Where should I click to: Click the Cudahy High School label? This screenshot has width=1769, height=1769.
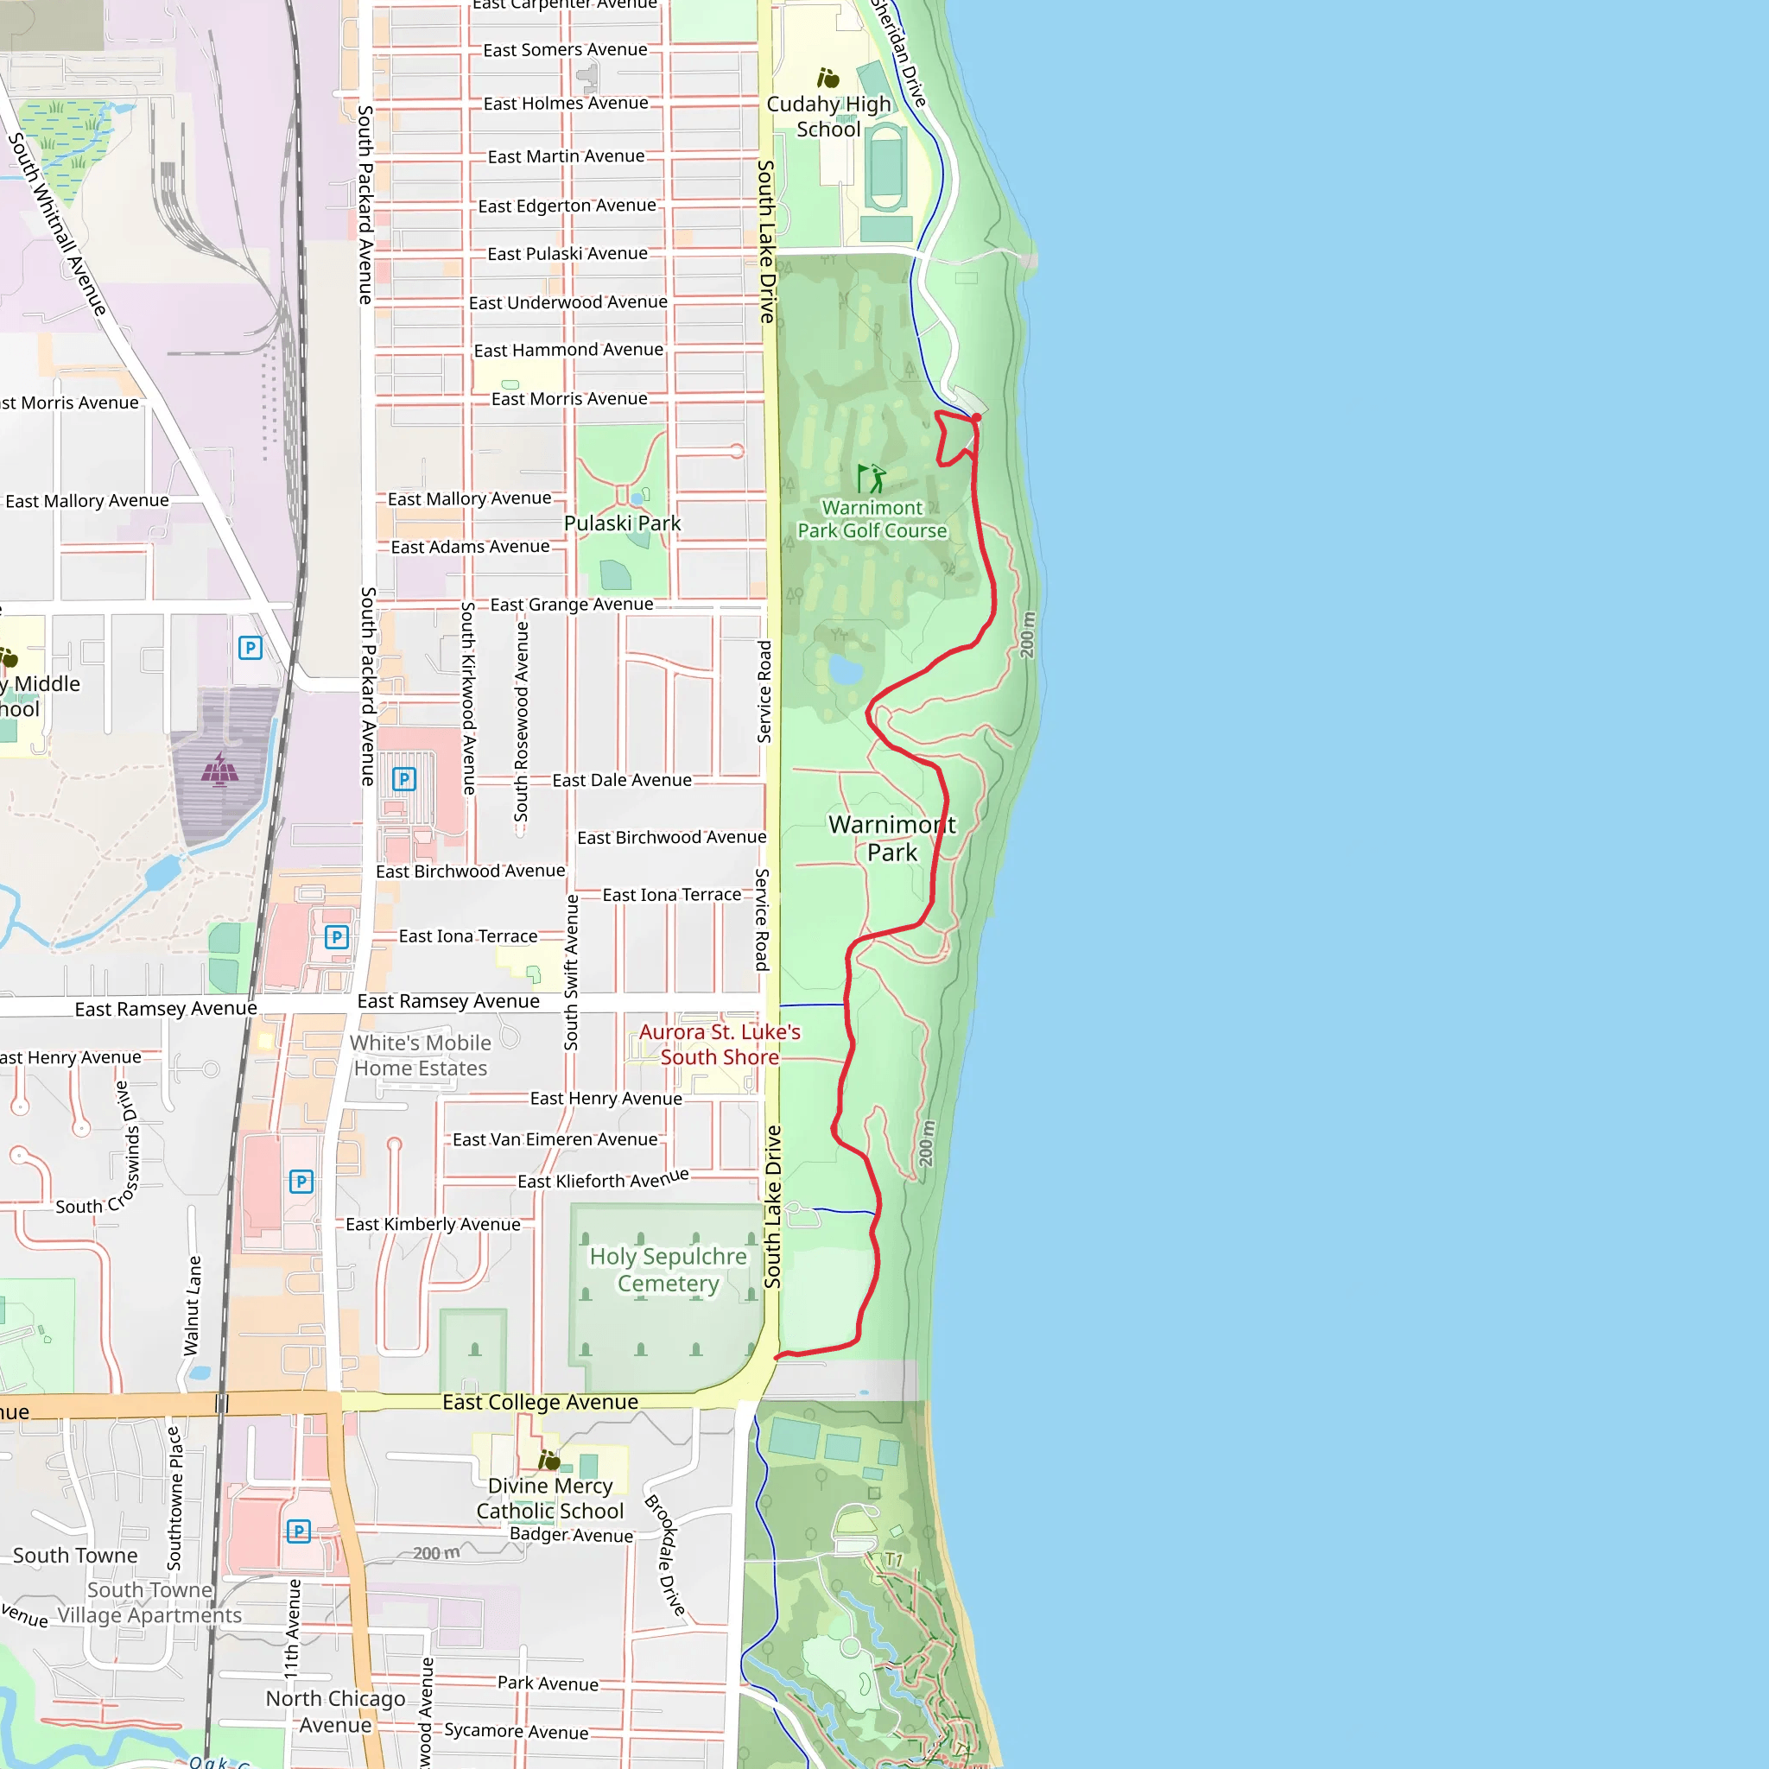coord(827,117)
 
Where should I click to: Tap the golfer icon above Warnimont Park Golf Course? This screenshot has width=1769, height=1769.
coord(871,478)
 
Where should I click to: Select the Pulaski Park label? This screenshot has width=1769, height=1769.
coord(622,523)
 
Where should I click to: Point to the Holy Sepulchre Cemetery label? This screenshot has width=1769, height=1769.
coord(668,1269)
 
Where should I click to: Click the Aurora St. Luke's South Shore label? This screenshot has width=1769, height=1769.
coord(720,1043)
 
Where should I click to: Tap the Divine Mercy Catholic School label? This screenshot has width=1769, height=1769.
coord(549,1498)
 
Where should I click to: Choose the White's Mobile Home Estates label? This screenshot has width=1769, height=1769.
coord(421,1055)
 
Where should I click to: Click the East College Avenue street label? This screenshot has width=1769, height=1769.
coord(540,1402)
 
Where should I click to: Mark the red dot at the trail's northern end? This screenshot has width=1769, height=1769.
coord(976,417)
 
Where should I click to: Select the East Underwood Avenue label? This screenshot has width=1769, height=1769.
coord(567,302)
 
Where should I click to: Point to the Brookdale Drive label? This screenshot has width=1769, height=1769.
coord(666,1555)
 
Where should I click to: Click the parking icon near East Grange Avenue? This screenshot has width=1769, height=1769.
coord(250,649)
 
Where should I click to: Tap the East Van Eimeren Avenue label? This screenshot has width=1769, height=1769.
coord(555,1139)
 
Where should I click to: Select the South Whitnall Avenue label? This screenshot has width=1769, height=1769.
coord(57,225)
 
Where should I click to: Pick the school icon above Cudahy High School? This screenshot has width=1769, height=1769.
coord(827,78)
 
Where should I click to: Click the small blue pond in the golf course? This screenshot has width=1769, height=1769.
coord(844,670)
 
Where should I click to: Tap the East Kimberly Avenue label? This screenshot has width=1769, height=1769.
coord(432,1224)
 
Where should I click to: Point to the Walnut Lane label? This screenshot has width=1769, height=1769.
coord(193,1305)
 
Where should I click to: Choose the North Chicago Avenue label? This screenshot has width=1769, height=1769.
coord(335,1711)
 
